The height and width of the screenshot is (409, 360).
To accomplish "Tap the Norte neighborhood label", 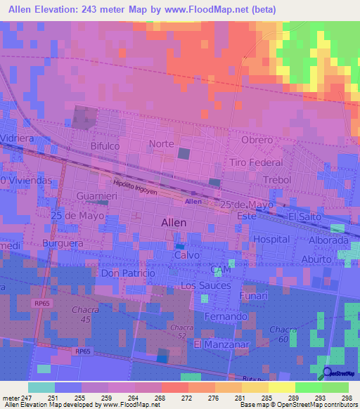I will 161,144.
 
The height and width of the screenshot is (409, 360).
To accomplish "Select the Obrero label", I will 256,140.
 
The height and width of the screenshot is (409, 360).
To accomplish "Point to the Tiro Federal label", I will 256,162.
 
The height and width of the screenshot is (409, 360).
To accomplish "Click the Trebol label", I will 276,180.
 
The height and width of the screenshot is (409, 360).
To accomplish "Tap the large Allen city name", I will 174,223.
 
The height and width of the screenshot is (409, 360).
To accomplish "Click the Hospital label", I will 271,239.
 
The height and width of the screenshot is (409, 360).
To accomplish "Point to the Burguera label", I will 63,243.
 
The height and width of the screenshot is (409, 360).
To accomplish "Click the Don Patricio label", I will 127,272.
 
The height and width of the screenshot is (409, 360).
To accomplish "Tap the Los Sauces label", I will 205,285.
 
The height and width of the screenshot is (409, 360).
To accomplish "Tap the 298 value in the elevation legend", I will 347,398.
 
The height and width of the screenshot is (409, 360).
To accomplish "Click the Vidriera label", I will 18,139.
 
